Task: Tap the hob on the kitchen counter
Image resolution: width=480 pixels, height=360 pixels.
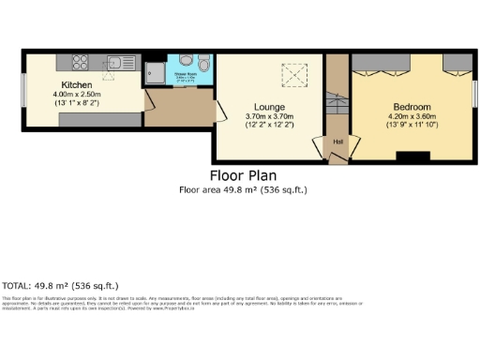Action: pyautogui.click(x=77, y=65)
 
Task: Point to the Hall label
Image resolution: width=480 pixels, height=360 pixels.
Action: pyautogui.click(x=337, y=142)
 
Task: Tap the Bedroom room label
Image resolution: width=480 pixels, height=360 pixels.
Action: pyautogui.click(x=411, y=107)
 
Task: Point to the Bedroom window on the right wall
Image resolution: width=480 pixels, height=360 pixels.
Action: pyautogui.click(x=475, y=94)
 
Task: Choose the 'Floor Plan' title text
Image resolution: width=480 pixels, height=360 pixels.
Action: pyautogui.click(x=243, y=174)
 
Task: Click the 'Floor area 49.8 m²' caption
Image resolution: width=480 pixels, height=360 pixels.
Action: pyautogui.click(x=243, y=189)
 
